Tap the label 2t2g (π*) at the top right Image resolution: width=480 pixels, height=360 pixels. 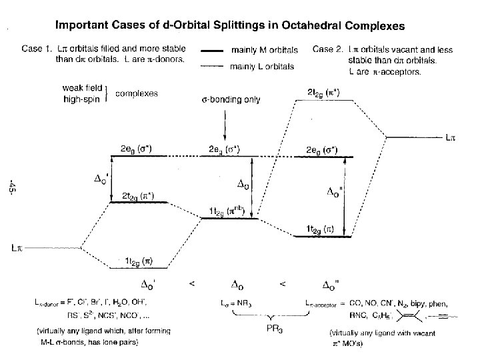(x=323, y=93)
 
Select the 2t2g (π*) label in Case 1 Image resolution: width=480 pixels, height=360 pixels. (x=137, y=195)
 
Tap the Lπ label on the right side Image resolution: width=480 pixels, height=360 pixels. (x=451, y=139)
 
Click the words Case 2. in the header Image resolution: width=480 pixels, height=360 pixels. (x=327, y=49)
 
